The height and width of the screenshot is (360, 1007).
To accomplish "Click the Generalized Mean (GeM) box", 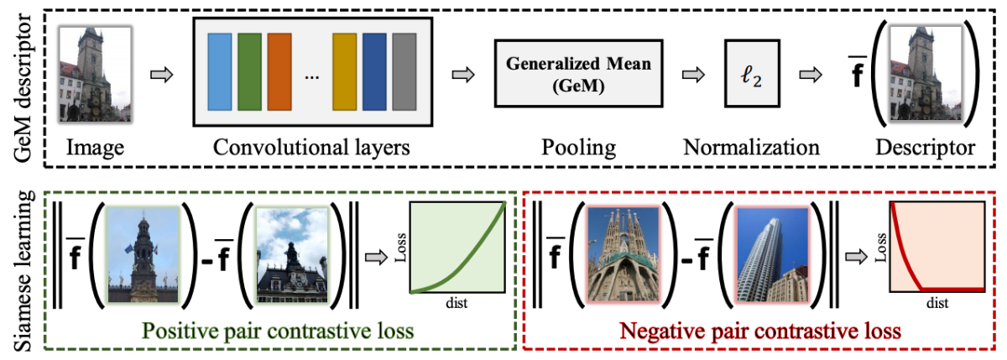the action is click(578, 74).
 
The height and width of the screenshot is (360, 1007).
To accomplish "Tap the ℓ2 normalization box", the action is click(752, 74).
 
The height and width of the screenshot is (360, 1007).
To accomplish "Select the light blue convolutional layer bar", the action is click(220, 72).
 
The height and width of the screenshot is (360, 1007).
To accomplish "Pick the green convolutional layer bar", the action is click(249, 72).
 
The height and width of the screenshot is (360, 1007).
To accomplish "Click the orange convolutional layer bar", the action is click(279, 72).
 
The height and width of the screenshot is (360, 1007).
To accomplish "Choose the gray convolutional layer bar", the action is click(404, 72).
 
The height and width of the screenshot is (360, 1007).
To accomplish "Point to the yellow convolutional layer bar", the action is click(344, 72).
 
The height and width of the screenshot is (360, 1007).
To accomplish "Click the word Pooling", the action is click(578, 148).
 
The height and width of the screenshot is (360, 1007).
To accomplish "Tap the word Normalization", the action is click(751, 148).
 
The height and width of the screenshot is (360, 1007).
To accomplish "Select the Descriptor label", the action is click(925, 148).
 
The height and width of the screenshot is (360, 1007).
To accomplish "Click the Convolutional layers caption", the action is click(311, 148).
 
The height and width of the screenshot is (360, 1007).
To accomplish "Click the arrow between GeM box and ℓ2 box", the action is click(693, 75).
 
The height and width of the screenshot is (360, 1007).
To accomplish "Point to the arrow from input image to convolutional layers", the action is click(161, 75).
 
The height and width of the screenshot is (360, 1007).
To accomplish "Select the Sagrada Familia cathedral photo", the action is click(623, 254).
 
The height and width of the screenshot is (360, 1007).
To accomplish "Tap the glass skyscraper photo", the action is click(772, 254).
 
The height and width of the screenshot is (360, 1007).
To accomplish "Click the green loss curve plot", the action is click(457, 248).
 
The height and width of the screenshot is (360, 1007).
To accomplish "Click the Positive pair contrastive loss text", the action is click(278, 331).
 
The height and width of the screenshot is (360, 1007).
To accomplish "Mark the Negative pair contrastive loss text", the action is click(760, 331).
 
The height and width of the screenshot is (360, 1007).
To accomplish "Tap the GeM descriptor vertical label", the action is click(23, 87).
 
